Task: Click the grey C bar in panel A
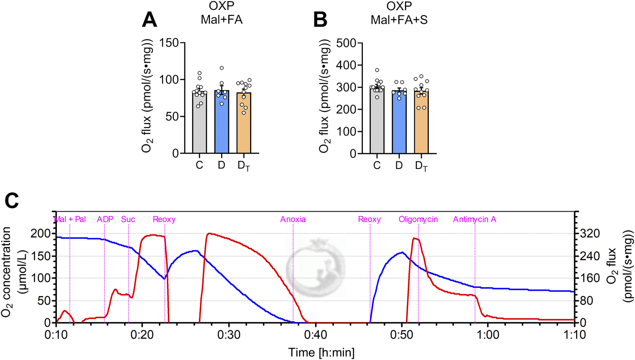199,123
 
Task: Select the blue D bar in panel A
221,123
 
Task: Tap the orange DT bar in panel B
421,123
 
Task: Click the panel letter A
149,20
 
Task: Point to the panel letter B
320,20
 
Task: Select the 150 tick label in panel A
169,43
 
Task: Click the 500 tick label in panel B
347,43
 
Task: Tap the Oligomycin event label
418,219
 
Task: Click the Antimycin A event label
474,219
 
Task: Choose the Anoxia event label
293,219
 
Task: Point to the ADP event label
105,219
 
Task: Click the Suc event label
128,219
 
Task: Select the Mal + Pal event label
70,219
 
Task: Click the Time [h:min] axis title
321,352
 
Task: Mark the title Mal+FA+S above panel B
399,20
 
